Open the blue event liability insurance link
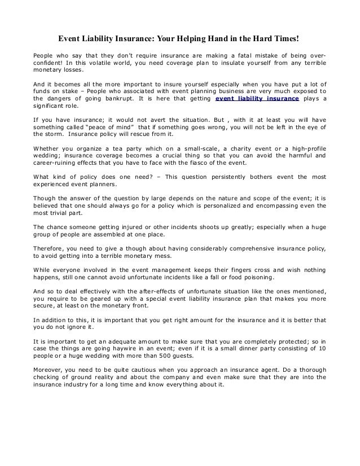click(x=258, y=100)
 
